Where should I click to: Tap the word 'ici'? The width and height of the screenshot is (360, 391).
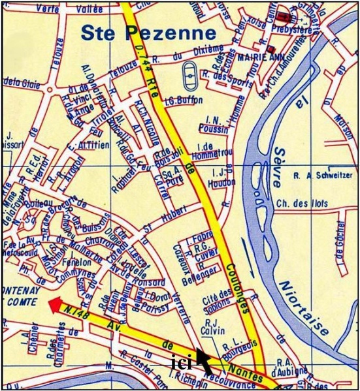click(x=180, y=362)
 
